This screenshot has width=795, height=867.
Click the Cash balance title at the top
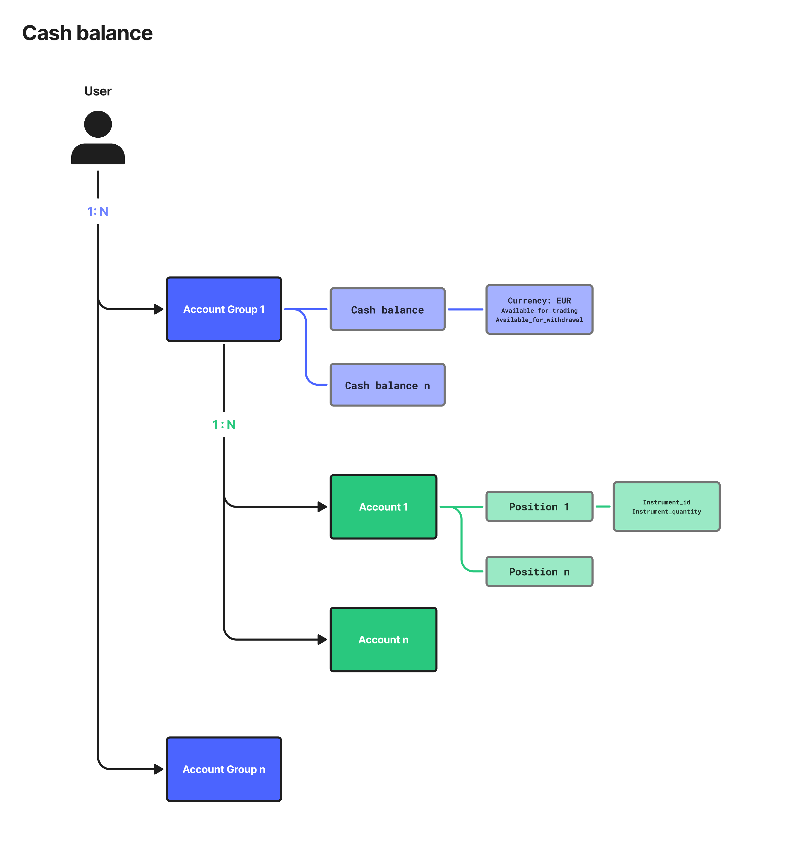(x=87, y=33)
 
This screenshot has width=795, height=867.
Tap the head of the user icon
(x=98, y=124)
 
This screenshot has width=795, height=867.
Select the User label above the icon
(x=98, y=91)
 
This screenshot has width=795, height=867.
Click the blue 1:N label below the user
(x=98, y=211)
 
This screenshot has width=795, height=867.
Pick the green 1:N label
(x=224, y=425)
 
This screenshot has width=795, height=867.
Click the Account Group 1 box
(x=224, y=309)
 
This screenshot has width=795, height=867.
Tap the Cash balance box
(x=388, y=309)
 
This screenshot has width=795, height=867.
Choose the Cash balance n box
(x=388, y=385)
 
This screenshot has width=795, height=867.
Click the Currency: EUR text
(x=540, y=300)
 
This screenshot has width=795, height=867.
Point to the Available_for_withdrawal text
(x=540, y=320)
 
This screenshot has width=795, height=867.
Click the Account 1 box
(x=384, y=507)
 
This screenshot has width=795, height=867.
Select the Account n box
(x=384, y=640)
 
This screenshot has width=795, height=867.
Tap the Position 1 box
(x=540, y=507)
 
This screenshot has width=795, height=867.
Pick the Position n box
(x=540, y=572)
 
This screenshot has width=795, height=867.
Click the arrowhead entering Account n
(x=322, y=640)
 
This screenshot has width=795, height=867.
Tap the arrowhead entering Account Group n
(x=159, y=769)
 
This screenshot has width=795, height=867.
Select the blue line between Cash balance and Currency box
(x=465, y=309)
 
